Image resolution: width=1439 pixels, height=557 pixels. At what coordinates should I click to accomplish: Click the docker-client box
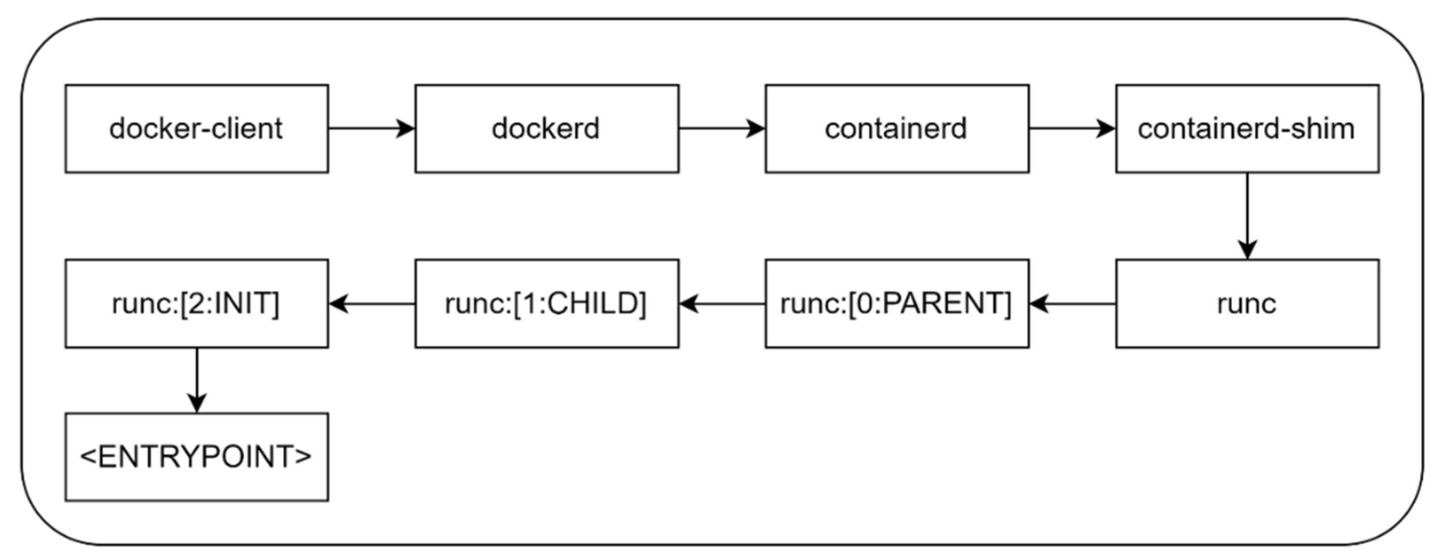tap(196, 128)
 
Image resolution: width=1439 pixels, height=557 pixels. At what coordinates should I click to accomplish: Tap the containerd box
tap(897, 128)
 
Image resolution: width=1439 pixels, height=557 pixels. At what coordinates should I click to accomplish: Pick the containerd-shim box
tap(1247, 128)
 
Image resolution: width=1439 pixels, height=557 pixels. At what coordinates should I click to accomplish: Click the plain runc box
tap(1247, 303)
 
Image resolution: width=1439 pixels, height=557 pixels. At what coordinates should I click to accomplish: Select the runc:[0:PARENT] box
tap(897, 303)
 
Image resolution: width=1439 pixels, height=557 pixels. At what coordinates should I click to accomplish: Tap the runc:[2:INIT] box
tap(196, 303)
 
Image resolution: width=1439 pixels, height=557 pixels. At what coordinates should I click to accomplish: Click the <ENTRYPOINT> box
tap(196, 457)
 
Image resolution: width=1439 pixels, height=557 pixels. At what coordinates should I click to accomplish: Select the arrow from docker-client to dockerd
tap(371, 128)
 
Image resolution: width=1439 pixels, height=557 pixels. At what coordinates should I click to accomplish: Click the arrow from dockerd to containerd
tap(722, 128)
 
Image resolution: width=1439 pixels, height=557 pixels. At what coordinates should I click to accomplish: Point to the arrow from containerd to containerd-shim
tap(1072, 128)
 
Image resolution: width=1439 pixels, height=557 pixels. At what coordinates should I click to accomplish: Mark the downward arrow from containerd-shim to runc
tap(1247, 216)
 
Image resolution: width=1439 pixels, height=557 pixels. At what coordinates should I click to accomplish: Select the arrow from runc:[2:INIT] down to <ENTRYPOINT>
tap(196, 380)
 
